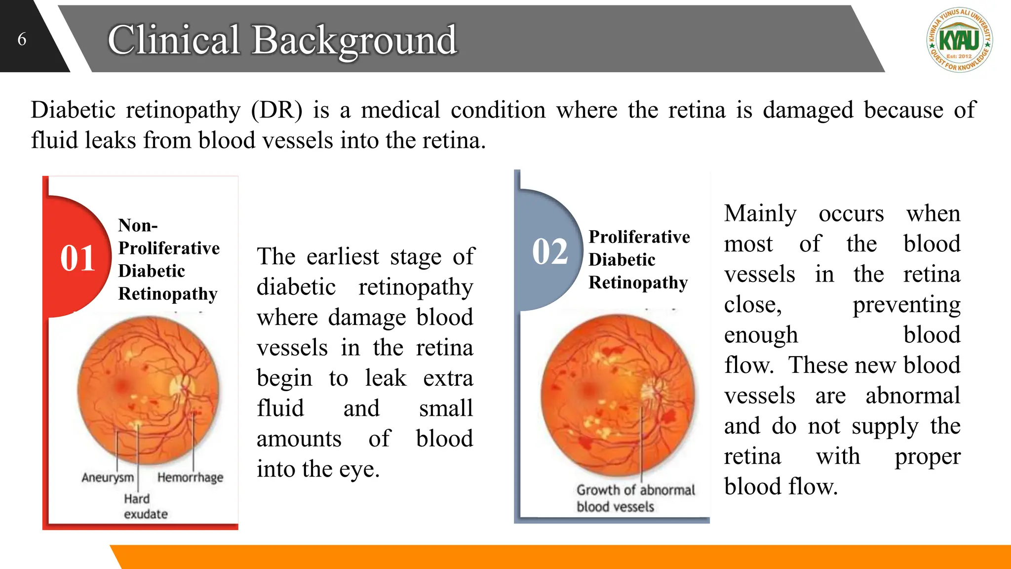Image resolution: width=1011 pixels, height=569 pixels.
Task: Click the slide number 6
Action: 22,39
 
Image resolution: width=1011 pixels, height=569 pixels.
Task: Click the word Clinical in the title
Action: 174,40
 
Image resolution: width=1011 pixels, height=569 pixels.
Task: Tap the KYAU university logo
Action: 959,40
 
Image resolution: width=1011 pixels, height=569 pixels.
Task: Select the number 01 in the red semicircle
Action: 78,258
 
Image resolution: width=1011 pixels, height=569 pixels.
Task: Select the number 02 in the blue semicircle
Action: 550,251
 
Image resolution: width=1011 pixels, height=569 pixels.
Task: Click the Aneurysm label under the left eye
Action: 108,478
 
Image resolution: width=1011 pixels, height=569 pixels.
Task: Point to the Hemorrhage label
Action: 190,478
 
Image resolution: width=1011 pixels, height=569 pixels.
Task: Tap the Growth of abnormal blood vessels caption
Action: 635,498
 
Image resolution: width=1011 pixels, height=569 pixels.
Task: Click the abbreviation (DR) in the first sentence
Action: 276,110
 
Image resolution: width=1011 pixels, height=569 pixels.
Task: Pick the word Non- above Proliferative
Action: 138,226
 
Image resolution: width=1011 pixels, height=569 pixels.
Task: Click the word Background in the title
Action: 354,40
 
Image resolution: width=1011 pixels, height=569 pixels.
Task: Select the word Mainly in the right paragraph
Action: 760,214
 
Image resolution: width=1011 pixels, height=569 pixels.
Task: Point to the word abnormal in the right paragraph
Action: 913,396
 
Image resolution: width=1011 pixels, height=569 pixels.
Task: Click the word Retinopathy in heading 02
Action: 638,283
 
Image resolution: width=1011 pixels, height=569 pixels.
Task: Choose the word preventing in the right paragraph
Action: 906,305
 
